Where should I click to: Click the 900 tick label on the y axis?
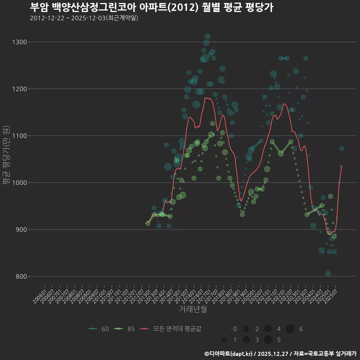(x=21, y=229)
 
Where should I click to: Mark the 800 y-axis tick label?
(x=21, y=276)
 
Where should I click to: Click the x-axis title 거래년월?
(x=193, y=309)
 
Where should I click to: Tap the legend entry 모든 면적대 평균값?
(x=172, y=329)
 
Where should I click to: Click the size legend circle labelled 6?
(x=290, y=329)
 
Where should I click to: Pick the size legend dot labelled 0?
(x=224, y=329)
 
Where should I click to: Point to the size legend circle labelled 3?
(x=246, y=340)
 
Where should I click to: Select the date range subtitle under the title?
(x=84, y=18)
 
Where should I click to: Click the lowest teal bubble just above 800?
(x=328, y=274)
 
